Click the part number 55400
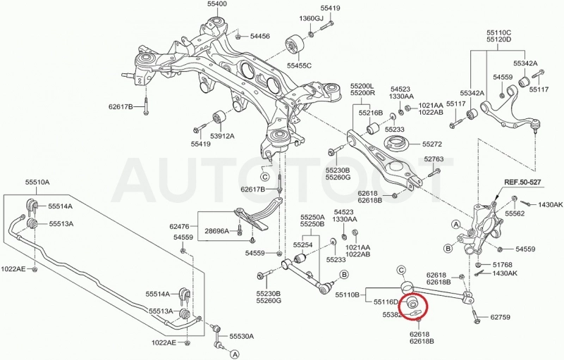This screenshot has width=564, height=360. pyautogui.click(x=217, y=4)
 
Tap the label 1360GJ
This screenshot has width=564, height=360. pyautogui.click(x=312, y=18)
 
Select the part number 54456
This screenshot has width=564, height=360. pyautogui.click(x=260, y=36)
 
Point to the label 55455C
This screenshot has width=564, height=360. pyautogui.click(x=299, y=66)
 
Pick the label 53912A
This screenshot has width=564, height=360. pyautogui.click(x=222, y=136)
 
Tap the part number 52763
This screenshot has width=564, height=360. pyautogui.click(x=434, y=159)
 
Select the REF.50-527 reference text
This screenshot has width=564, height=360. pyautogui.click(x=522, y=182)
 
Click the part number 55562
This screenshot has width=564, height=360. pyautogui.click(x=515, y=213)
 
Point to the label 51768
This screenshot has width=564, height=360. pyautogui.click(x=502, y=264)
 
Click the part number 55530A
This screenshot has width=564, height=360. pyautogui.click(x=242, y=336)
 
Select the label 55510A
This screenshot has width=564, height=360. pyautogui.click(x=37, y=182)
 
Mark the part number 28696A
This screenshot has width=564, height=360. pyautogui.click(x=216, y=230)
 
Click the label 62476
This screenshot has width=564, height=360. pyautogui.click(x=179, y=226)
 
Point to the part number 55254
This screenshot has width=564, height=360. pyautogui.click(x=302, y=245)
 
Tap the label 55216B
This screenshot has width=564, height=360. pyautogui.click(x=371, y=113)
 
